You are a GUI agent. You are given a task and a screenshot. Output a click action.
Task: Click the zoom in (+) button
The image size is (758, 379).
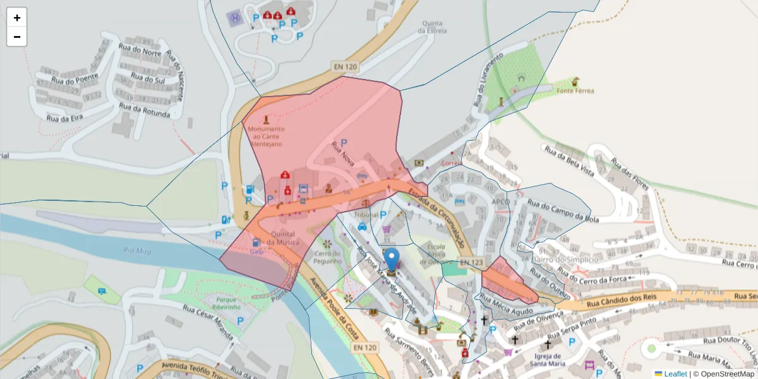(17, 18)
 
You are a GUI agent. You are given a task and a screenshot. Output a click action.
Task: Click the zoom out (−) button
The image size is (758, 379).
(17, 37)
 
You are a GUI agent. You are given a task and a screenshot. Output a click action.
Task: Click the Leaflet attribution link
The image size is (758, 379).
(675, 374)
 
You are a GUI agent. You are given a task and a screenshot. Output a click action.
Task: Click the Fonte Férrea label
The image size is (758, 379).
(575, 91)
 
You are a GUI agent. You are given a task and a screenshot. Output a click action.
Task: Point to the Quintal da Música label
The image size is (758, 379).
(284, 238)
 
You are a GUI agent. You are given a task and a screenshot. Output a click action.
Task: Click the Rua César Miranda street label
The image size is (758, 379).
(208, 323)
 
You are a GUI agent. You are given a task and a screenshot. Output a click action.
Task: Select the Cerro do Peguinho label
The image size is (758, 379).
(327, 258)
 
